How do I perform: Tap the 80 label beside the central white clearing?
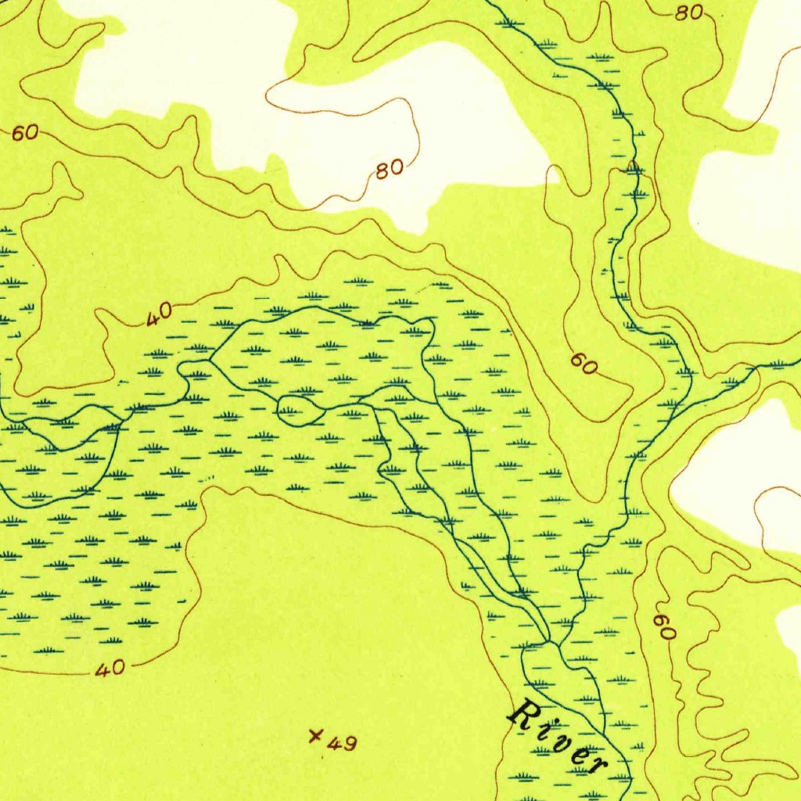(x=390, y=168)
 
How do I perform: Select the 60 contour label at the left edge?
(x=24, y=133)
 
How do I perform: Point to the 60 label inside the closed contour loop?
(x=584, y=363)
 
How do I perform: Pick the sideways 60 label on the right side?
(x=664, y=627)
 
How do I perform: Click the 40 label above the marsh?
(x=159, y=314)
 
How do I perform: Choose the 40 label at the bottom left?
(x=110, y=669)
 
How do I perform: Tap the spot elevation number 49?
(x=342, y=743)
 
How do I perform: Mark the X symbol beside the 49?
(x=316, y=735)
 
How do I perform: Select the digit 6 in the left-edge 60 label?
(x=18, y=133)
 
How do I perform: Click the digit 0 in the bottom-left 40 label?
(x=117, y=668)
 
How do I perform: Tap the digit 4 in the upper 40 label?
(x=153, y=318)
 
